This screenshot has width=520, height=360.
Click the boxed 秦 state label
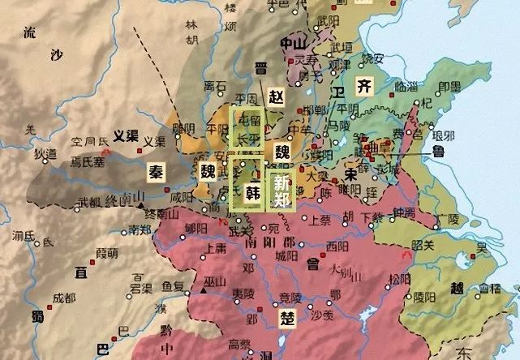(x=155, y=171)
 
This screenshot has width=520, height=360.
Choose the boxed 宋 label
(x=350, y=174)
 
